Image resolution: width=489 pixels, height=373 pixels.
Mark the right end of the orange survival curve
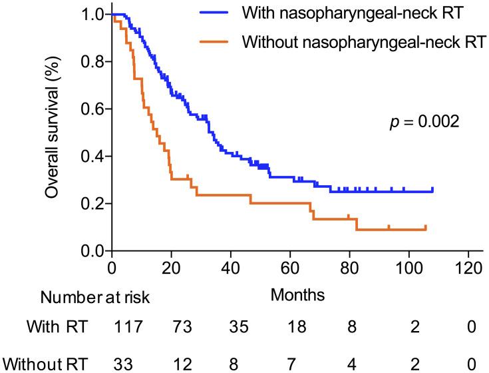point(425,228)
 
